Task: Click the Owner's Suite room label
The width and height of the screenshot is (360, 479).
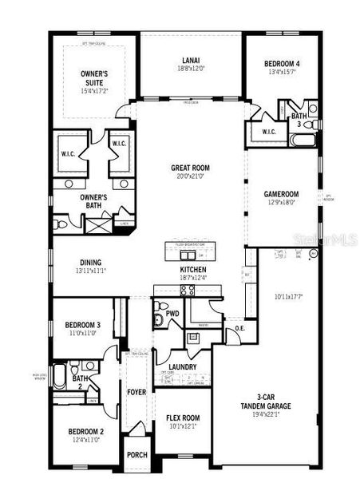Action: click(94, 78)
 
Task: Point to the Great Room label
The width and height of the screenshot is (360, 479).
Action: click(190, 168)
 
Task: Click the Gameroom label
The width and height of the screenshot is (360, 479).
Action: click(281, 193)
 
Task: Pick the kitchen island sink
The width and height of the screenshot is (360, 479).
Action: click(188, 255)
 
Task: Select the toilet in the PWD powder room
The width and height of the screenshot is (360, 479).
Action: click(157, 319)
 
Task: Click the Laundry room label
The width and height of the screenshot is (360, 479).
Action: click(183, 366)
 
